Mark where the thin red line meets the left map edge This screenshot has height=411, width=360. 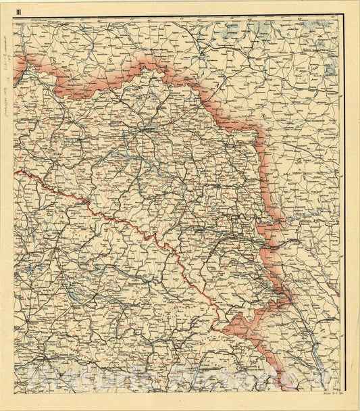click(x=14, y=171)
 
